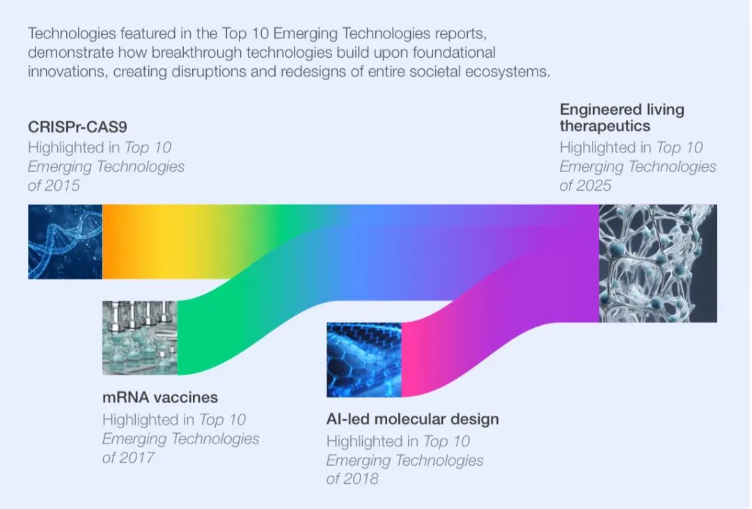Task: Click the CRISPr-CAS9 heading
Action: coord(78,127)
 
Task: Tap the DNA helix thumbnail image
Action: coord(65,242)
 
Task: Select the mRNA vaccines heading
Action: coord(160,398)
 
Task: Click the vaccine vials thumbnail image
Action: coord(139,338)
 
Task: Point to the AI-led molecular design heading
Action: coord(412,419)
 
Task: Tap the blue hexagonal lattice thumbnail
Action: coord(364,360)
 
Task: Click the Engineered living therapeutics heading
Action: coord(622,118)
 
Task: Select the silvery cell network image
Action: coord(658,263)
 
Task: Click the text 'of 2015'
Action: coord(54,186)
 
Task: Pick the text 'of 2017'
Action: coord(128,457)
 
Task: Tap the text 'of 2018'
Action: coord(352,479)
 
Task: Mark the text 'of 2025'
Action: coord(586,186)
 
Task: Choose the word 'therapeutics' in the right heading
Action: coord(605,126)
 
